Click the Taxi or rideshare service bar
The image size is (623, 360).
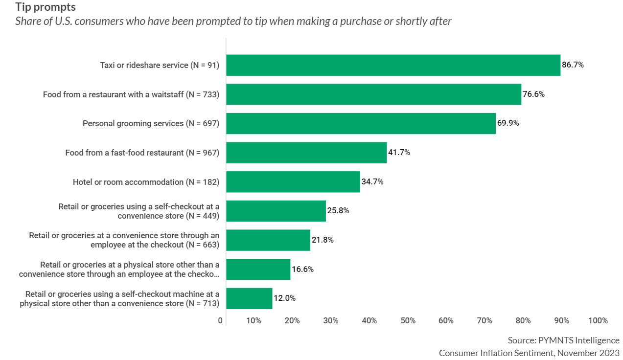[x=393, y=65]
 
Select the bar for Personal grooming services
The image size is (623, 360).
[x=361, y=123]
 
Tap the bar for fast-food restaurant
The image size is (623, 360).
[x=306, y=153]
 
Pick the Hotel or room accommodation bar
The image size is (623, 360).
[x=293, y=181]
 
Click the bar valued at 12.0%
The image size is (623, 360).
[x=249, y=298]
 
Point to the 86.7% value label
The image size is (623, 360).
[x=573, y=65]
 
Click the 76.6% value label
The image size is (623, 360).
[x=533, y=94]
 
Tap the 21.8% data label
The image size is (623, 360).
[x=323, y=240]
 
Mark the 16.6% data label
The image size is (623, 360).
[x=302, y=269]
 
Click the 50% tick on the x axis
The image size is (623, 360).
[x=408, y=321]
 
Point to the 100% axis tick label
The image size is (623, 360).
[x=598, y=321]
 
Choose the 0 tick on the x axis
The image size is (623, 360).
[x=220, y=321]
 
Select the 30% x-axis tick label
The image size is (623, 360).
[x=330, y=321]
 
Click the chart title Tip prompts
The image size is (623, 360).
[x=46, y=7]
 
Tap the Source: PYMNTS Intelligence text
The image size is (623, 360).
[x=563, y=340]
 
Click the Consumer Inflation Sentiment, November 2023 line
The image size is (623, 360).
[x=529, y=353]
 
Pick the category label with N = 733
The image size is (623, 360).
[x=131, y=94]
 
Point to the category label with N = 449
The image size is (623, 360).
[x=138, y=211]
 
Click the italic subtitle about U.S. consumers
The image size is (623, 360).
[x=233, y=22]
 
